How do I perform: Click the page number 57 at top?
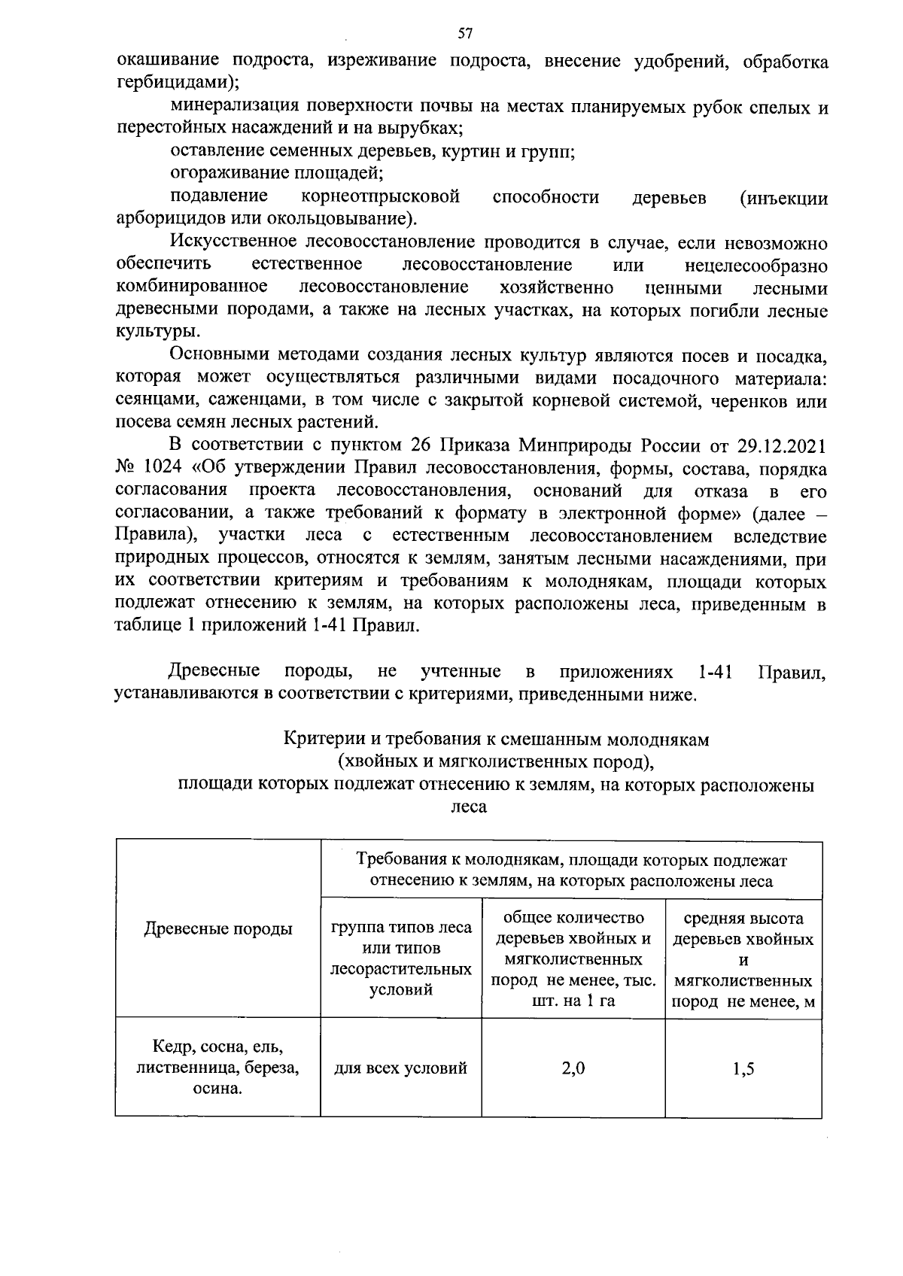[465, 33]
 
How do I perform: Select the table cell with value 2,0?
[573, 1068]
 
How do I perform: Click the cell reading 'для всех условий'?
[401, 1068]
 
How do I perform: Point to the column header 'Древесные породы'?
[218, 929]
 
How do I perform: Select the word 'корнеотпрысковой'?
[380, 197]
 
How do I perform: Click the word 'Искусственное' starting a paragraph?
[233, 242]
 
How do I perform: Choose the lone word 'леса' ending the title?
[468, 807]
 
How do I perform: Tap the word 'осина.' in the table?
[218, 1089]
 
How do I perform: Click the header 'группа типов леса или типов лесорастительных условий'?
[401, 959]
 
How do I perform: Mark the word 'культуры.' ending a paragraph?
[158, 332]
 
